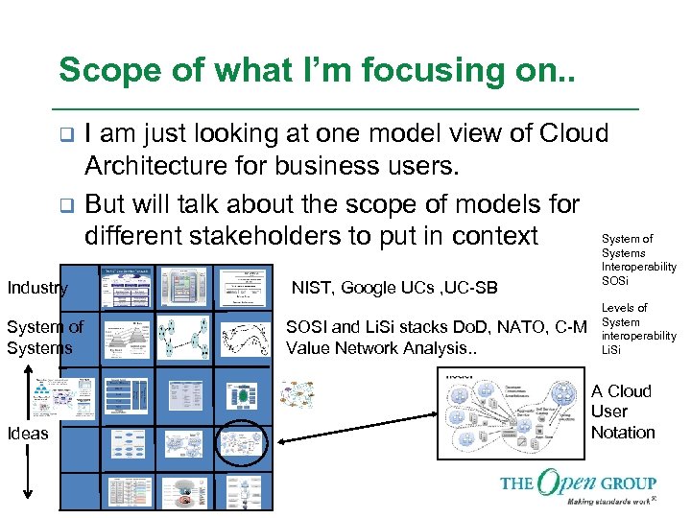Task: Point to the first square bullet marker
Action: click(x=64, y=134)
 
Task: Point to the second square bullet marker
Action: click(x=64, y=205)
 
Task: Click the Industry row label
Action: click(x=36, y=288)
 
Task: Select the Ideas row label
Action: click(x=27, y=434)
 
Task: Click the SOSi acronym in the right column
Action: click(x=614, y=279)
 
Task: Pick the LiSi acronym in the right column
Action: click(x=611, y=350)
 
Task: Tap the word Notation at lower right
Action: click(x=623, y=433)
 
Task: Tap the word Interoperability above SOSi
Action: click(x=638, y=267)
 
